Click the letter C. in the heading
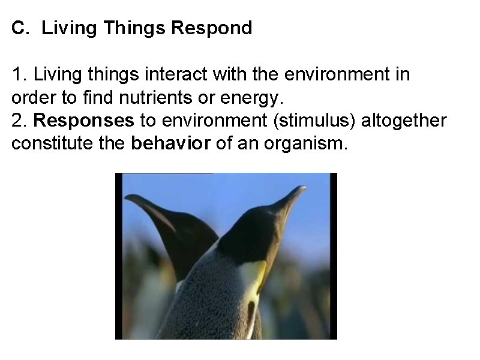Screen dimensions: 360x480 tap(20, 28)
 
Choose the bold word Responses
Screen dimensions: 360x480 tap(84, 121)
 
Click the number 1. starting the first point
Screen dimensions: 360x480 tap(19, 75)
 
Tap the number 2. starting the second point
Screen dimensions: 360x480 tap(19, 121)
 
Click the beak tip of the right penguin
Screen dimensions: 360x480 tap(303, 188)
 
